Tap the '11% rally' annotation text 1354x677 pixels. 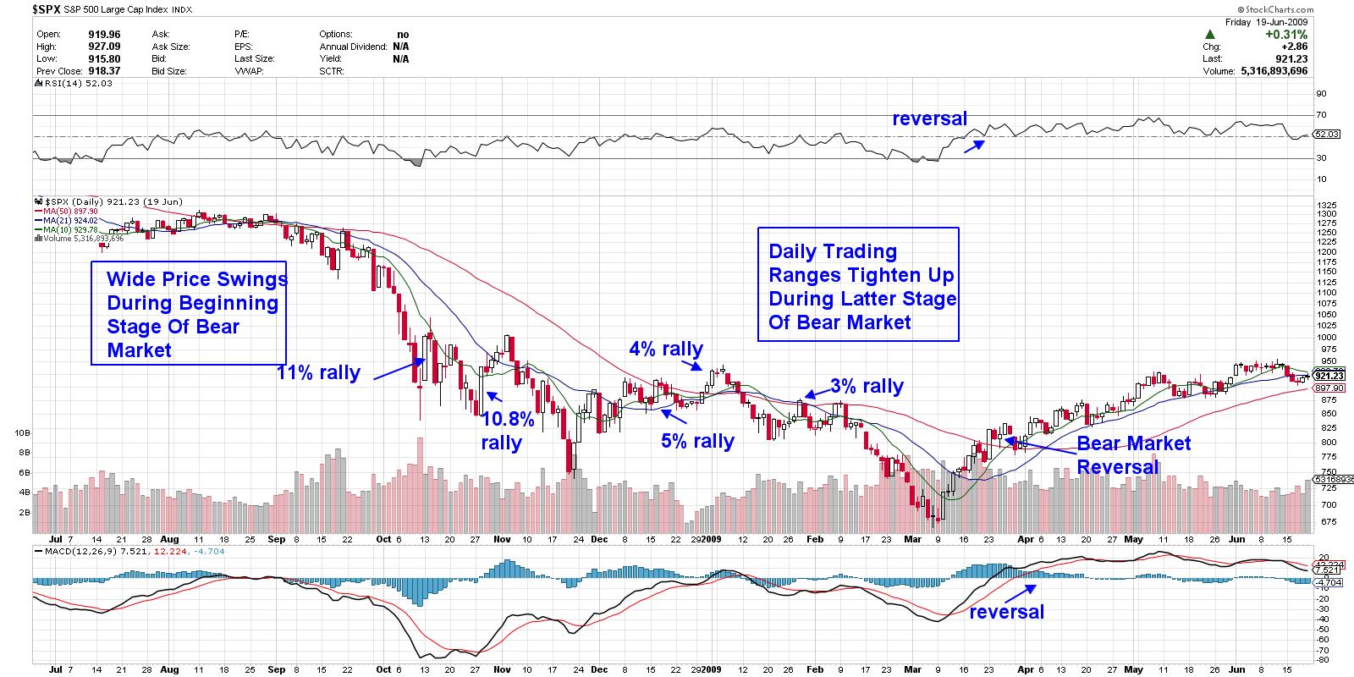318,373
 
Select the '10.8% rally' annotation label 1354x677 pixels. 507,430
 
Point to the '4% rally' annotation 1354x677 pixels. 665,349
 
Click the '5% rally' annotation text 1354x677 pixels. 697,441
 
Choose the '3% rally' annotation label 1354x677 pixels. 866,387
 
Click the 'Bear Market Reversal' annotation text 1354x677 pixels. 1132,455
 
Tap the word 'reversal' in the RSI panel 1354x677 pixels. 929,119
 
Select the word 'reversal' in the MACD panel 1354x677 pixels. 1006,612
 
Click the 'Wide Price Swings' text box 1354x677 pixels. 189,314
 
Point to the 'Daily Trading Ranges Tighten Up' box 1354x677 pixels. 858,284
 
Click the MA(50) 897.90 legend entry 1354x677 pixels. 71,212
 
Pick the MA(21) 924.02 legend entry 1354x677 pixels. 71,221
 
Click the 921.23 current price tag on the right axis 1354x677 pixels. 1324,375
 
